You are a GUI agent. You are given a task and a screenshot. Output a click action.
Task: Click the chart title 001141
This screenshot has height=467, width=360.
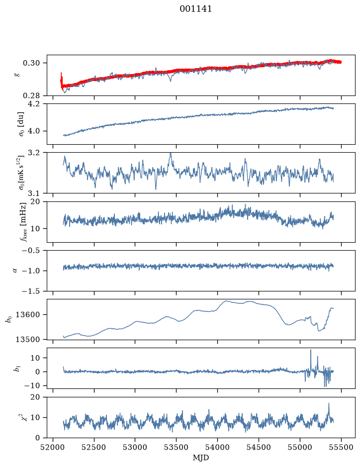coord(195,9)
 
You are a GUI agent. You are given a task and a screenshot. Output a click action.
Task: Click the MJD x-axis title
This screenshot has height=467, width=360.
coord(201,458)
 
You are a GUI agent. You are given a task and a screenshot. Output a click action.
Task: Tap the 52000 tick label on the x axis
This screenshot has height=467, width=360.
coord(53,447)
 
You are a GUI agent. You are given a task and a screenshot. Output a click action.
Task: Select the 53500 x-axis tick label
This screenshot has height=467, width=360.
coord(177,447)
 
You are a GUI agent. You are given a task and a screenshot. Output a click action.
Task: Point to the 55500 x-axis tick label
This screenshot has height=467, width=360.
coord(341,447)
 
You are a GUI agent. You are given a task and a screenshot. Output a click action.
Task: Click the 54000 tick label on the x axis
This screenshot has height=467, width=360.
coord(217,447)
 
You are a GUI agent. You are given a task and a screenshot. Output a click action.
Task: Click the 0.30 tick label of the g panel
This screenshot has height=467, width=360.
coord(31,63)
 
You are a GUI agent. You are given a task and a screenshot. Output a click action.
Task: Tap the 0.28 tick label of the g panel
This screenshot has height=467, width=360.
coord(31,95)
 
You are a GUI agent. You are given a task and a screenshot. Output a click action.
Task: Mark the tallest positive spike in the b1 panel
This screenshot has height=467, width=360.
coord(311,350)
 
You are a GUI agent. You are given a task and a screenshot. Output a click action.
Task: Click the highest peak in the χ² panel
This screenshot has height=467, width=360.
coord(329,403)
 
